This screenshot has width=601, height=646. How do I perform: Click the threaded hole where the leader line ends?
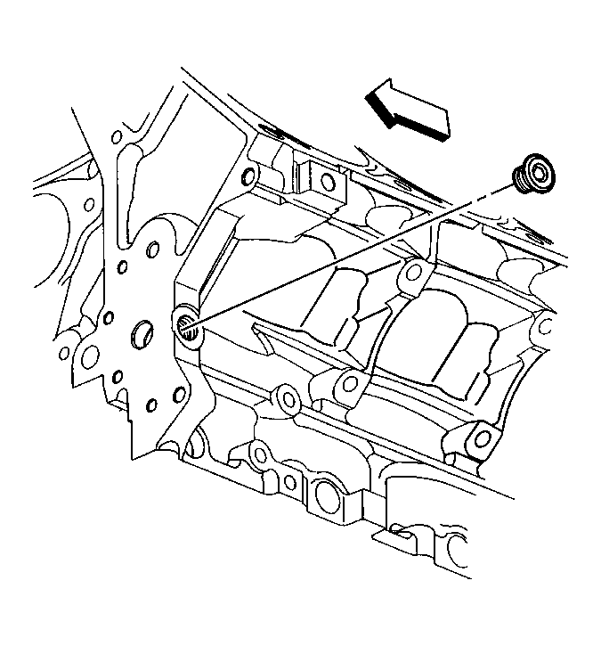pyautogui.click(x=188, y=327)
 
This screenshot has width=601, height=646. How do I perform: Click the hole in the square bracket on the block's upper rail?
pyautogui.click(x=328, y=183)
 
